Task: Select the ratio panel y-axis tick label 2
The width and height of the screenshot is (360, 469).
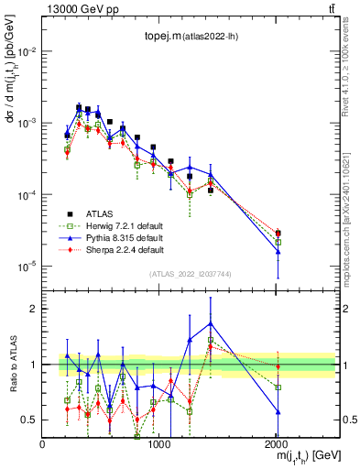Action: pos(34,309)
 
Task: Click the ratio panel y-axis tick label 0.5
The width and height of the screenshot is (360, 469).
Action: pos(30,420)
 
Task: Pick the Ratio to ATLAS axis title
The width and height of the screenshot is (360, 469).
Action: pos(12,364)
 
